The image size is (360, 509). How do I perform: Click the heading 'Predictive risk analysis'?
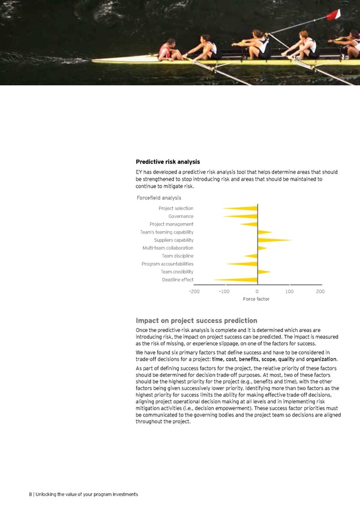coord(168,161)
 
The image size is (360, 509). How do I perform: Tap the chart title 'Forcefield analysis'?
coord(159,197)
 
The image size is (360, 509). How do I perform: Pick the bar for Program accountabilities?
coord(242,264)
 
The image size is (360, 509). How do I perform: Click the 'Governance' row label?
coord(181,216)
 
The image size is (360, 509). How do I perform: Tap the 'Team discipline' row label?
coord(177,256)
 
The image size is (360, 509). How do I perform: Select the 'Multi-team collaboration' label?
coord(168,248)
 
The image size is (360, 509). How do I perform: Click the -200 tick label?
coord(194,291)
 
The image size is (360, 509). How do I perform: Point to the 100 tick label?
coord(289,291)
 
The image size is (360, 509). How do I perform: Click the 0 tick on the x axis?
coord(257,291)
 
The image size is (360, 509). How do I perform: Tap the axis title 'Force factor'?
coord(256,299)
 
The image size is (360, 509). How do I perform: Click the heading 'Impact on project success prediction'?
coord(196,320)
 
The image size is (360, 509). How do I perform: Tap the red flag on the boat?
coord(334,14)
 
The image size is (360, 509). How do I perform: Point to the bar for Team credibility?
coord(264,272)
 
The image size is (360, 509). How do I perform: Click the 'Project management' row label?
coord(172,224)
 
